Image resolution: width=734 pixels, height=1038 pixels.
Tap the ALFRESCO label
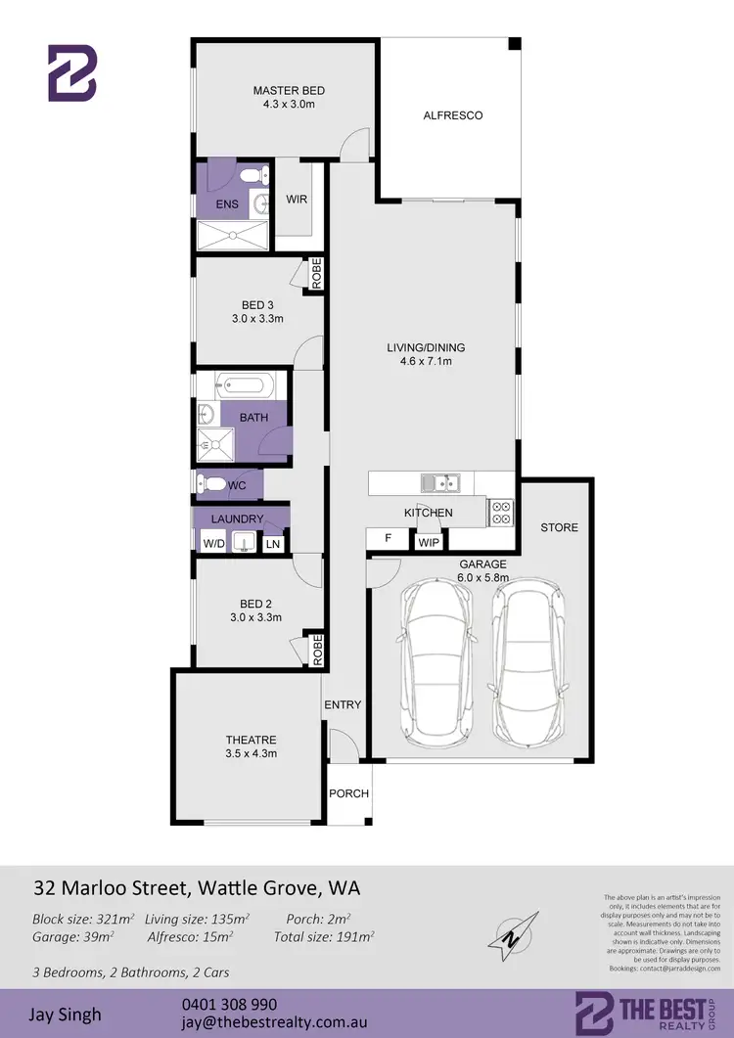[452, 115]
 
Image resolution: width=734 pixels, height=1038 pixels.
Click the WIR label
[297, 200]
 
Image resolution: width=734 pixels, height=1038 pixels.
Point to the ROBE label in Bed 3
[317, 273]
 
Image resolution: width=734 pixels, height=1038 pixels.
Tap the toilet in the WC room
[210, 483]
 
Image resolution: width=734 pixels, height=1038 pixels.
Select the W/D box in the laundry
[212, 543]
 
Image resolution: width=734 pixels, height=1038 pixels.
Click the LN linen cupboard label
[273, 543]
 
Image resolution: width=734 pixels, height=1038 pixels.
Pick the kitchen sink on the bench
[441, 481]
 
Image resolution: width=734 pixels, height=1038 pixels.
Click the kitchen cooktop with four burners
[500, 513]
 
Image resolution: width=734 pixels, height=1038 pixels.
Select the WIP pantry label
[429, 540]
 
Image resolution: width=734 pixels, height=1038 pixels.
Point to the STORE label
[559, 527]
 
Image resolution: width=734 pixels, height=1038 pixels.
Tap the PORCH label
[348, 793]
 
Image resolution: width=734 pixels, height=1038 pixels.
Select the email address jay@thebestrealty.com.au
[274, 1022]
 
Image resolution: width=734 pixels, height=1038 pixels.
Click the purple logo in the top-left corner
[73, 73]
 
